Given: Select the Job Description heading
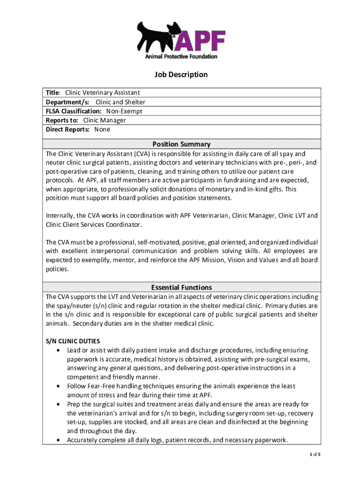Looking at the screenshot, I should click(181, 75).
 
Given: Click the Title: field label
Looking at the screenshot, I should click(53, 93).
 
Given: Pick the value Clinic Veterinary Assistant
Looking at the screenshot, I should click(102, 93).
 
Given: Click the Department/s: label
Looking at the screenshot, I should click(68, 102).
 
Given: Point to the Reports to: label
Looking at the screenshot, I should click(62, 120).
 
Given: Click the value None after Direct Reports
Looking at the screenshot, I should click(102, 130).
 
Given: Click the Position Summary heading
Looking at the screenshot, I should click(181, 144).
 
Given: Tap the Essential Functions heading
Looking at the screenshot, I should click(181, 287).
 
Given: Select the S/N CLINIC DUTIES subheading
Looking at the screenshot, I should click(72, 341).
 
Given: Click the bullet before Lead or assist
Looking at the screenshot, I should click(58, 350).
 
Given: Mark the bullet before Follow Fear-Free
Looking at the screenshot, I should click(58, 386).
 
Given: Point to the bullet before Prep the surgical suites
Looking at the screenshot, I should click(58, 404).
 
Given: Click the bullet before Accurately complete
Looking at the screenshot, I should click(58, 440).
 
